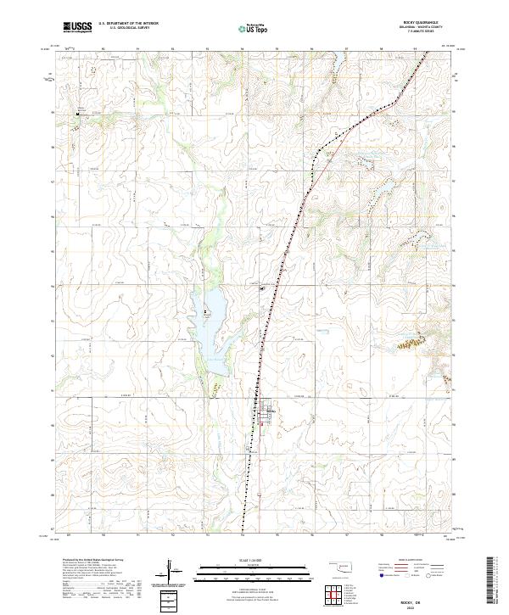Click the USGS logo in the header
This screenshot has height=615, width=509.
pyautogui.click(x=77, y=27)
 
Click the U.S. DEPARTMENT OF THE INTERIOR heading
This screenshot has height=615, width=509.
pyautogui.click(x=129, y=24)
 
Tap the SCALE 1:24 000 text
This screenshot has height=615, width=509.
pyautogui.click(x=242, y=559)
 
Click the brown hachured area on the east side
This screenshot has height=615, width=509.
pyautogui.click(x=413, y=344)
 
